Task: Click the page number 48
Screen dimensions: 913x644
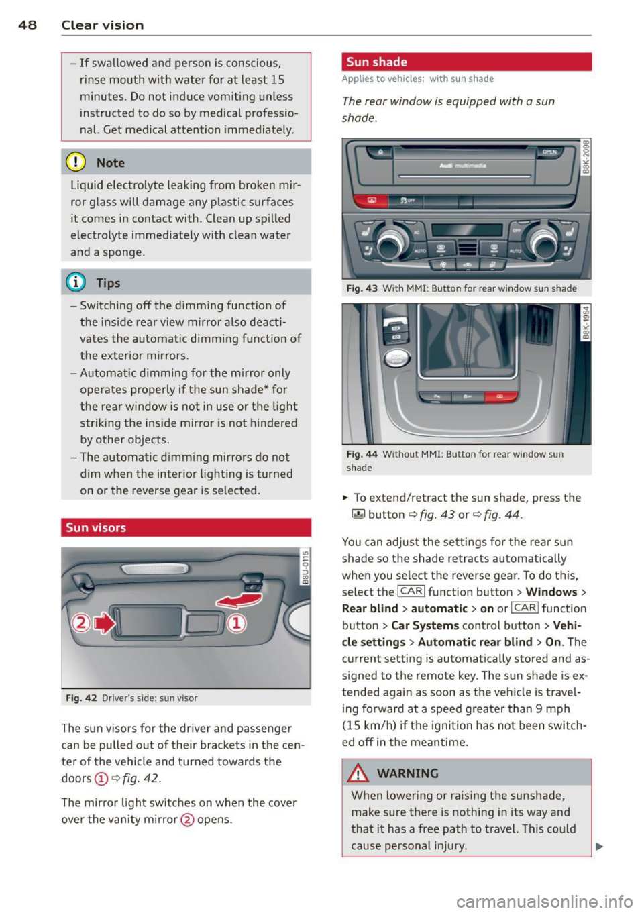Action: click(28, 25)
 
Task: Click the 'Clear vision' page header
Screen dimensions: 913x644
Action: click(102, 25)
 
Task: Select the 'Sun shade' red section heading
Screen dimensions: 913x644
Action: click(377, 62)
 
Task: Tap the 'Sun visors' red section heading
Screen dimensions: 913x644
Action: click(96, 527)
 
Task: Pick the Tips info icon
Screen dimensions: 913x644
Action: click(76, 282)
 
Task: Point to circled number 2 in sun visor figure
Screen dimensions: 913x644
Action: click(80, 623)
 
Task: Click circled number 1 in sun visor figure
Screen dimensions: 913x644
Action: click(236, 623)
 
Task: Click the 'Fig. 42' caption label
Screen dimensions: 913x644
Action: click(81, 698)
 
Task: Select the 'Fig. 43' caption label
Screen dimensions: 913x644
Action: click(362, 288)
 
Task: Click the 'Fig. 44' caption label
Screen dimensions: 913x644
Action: click(362, 454)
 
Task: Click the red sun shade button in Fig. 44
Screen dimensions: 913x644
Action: click(499, 397)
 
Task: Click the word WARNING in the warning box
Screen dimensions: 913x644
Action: click(407, 773)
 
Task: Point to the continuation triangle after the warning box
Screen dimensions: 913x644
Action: click(599, 846)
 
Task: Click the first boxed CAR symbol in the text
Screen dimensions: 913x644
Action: click(411, 592)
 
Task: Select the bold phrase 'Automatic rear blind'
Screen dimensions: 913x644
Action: click(475, 642)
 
